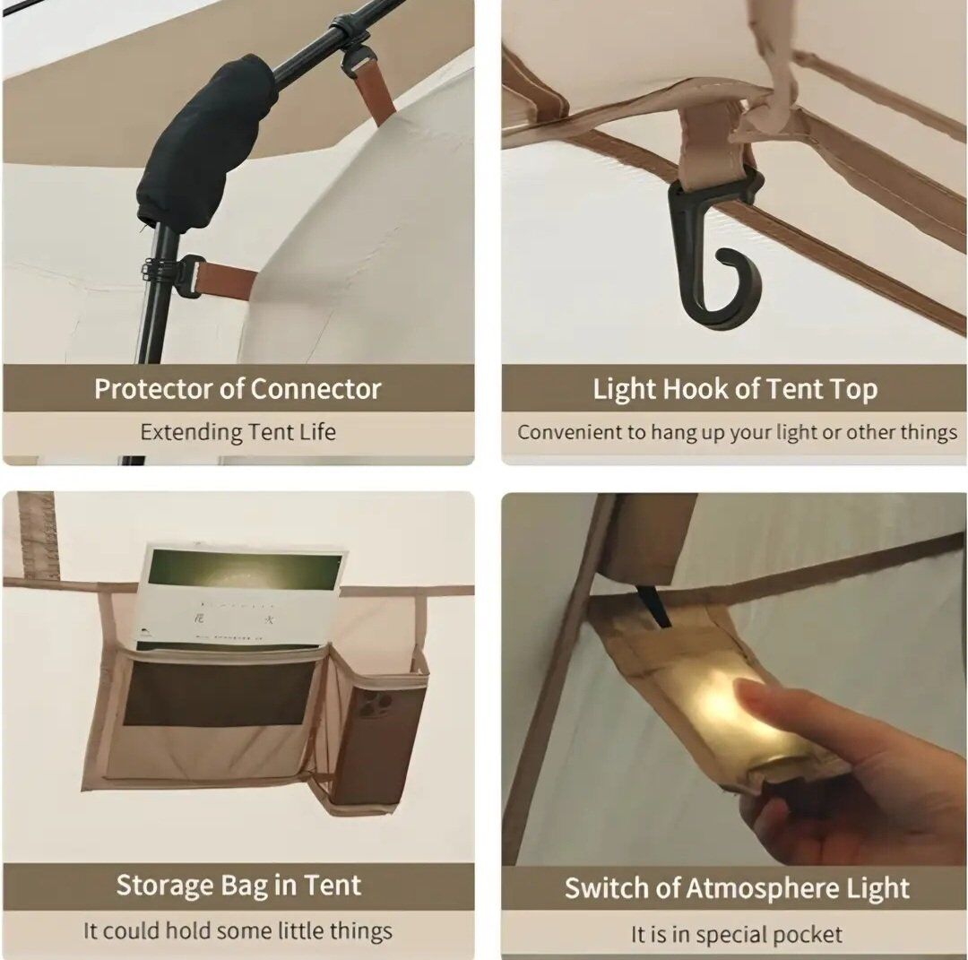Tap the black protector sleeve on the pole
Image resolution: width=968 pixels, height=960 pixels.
click(x=207, y=142)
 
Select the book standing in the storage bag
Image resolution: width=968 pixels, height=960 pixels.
click(x=238, y=596)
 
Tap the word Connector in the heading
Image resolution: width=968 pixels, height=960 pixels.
click(x=315, y=390)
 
